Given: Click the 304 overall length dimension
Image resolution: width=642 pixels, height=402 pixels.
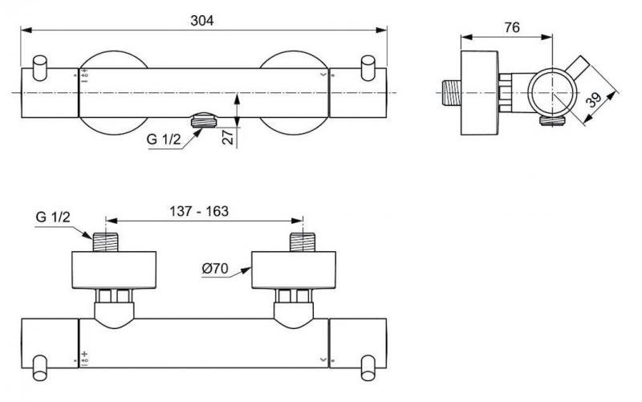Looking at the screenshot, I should [203, 21].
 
